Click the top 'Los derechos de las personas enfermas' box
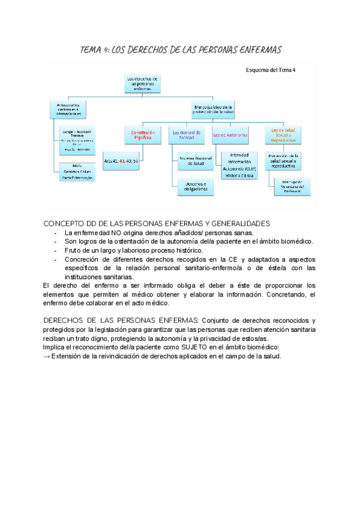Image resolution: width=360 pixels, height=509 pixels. pyautogui.click(x=143, y=83)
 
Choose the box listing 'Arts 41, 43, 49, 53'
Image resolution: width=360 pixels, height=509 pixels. pyautogui.click(x=121, y=161)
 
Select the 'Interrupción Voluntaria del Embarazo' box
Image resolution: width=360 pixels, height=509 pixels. pyautogui.click(x=293, y=186)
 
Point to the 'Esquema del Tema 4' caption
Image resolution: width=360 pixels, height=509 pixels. pyautogui.click(x=271, y=70)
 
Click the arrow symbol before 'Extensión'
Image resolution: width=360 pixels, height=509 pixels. pyautogui.click(x=47, y=356)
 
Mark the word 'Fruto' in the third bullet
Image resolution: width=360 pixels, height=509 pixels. pyautogui.click(x=74, y=250)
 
